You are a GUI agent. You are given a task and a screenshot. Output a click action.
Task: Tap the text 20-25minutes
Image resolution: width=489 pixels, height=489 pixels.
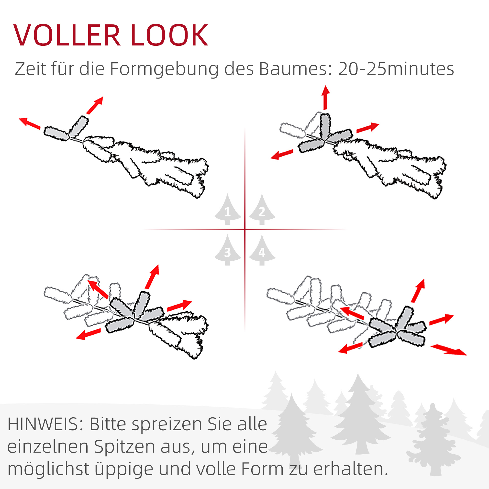[x=396, y=69]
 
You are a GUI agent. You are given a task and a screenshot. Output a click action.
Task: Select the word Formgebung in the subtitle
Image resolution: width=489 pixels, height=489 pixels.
[x=164, y=69]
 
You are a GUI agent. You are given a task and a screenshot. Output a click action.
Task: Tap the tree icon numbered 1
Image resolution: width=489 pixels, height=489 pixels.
[x=228, y=209]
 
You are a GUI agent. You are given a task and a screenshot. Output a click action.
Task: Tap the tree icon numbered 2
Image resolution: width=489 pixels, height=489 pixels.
[x=262, y=209]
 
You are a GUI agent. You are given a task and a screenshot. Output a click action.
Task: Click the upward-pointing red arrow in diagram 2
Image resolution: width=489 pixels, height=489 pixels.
[x=325, y=98]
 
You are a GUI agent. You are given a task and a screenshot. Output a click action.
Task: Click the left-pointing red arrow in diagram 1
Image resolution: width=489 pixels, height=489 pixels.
[x=30, y=123]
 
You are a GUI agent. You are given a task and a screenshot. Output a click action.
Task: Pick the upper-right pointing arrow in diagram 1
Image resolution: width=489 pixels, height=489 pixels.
[x=95, y=105]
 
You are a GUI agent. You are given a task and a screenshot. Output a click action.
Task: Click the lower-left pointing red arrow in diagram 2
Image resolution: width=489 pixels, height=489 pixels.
[x=282, y=154]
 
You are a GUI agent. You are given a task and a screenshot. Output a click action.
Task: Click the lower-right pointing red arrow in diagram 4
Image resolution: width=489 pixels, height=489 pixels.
[x=448, y=350]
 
